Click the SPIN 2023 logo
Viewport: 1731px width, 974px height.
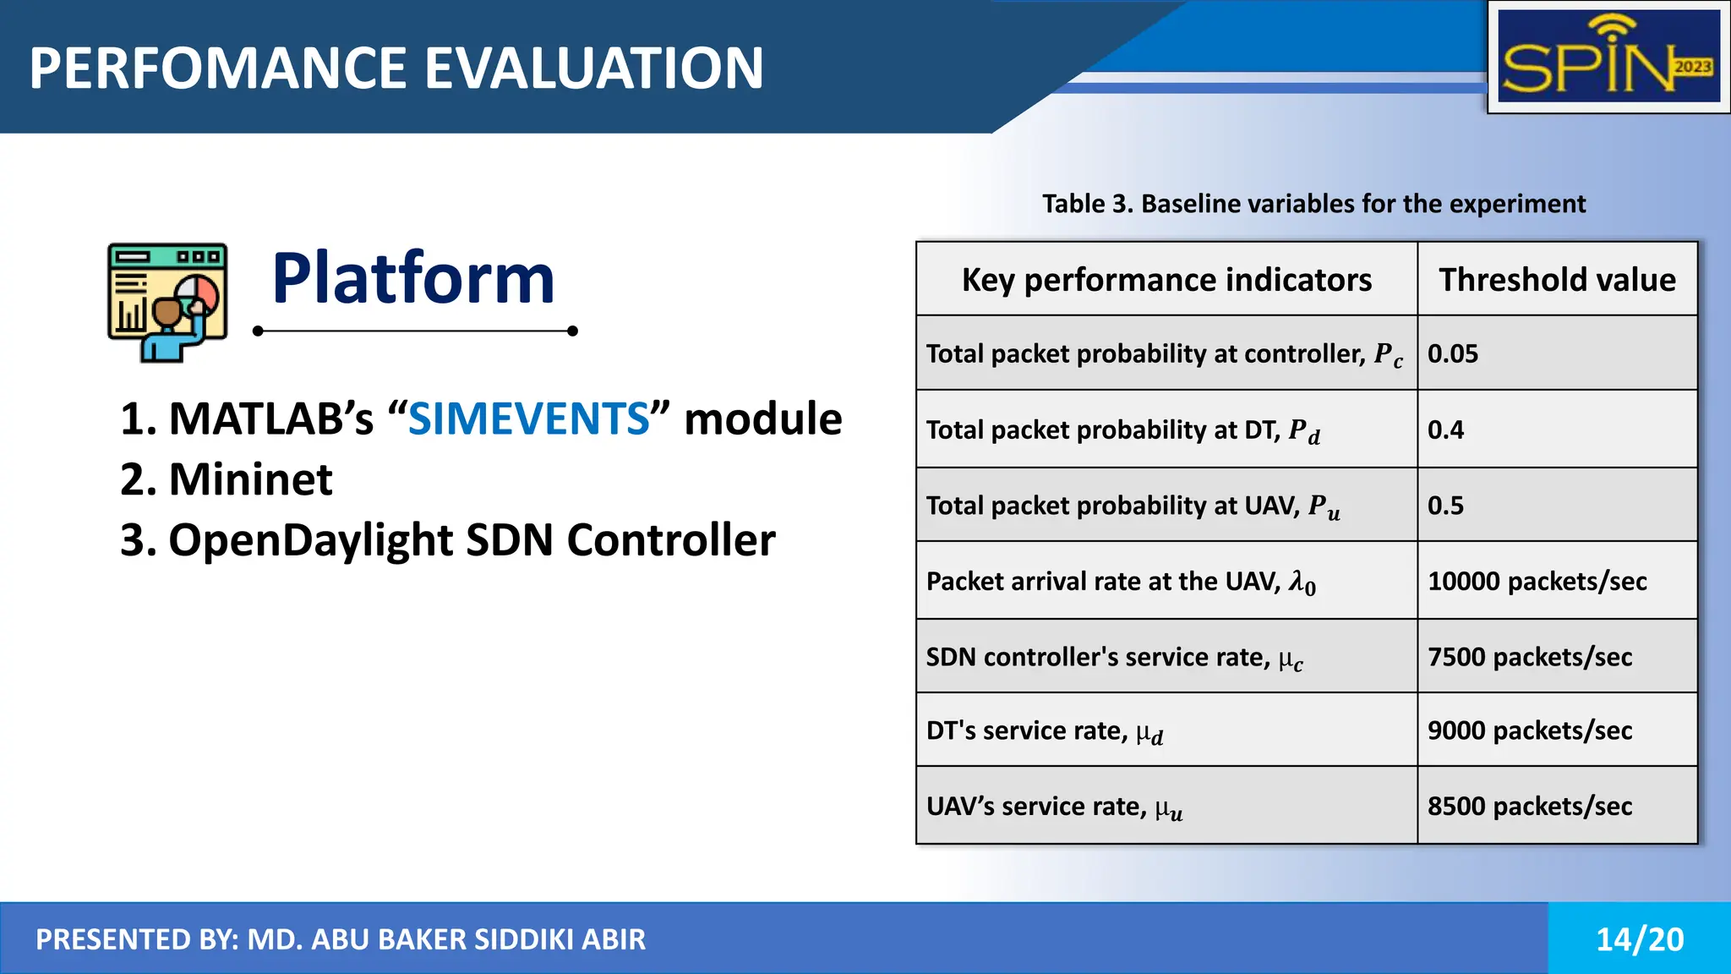[1608, 57]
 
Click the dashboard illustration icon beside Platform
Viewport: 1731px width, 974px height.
[167, 302]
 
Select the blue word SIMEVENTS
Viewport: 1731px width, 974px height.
[529, 419]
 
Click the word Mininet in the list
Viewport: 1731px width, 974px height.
[250, 479]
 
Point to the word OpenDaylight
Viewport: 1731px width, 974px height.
[310, 539]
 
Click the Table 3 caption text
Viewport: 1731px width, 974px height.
[1313, 204]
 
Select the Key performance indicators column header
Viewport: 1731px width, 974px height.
[1166, 280]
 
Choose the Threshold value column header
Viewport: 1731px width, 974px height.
[1557, 280]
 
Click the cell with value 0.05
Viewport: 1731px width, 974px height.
[1453, 353]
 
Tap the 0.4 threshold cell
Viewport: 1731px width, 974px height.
[1446, 430]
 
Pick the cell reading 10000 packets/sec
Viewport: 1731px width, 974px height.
[1537, 581]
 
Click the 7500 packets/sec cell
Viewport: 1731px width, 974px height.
[1529, 657]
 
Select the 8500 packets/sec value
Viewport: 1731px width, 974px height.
[1529, 806]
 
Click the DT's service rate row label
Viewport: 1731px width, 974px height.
[1044, 730]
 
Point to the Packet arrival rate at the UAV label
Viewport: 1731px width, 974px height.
[1120, 582]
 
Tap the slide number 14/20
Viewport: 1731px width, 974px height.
[1639, 939]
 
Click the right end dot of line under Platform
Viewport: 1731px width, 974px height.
[572, 331]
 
